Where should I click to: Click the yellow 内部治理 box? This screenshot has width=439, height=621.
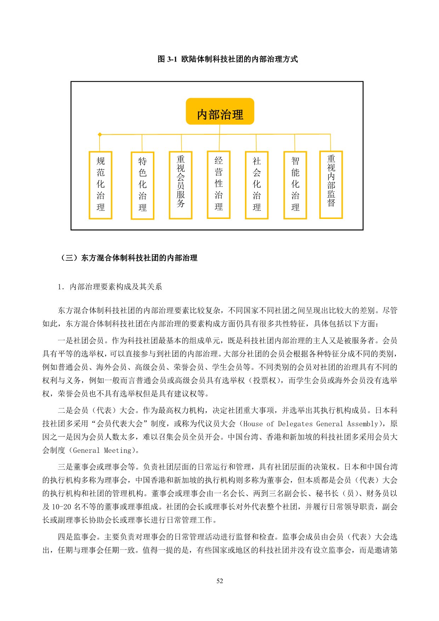220,112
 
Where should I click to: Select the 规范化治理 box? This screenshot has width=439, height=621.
100,185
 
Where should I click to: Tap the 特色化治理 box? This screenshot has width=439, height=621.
142,185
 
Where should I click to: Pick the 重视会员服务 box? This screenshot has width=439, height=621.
181,185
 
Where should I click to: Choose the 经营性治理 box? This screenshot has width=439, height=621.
218,185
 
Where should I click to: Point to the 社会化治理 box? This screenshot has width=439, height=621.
257,185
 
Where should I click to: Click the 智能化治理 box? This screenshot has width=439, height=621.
295,185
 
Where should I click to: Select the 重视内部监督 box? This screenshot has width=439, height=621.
331,184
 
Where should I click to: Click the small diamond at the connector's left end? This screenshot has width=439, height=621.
100,135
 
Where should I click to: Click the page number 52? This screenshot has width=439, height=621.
219,581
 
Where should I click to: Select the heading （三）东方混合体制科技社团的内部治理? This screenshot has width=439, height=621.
129,258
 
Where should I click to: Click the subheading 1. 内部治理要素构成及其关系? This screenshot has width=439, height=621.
110,287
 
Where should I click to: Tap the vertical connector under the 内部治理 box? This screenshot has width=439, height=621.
219,130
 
